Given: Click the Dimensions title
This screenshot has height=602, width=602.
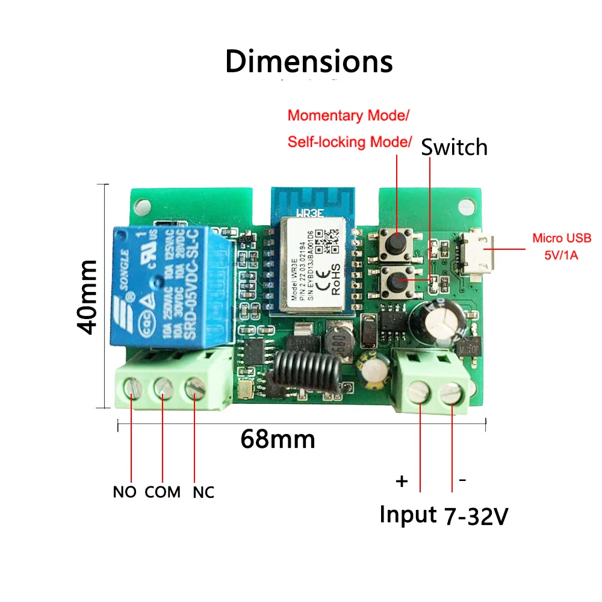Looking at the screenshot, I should (309, 62).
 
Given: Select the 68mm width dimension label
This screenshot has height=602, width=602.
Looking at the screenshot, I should (278, 439).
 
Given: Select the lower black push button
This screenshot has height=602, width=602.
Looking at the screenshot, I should (397, 280).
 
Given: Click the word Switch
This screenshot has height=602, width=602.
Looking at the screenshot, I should (454, 147).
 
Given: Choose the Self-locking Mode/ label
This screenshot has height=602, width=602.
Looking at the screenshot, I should (350, 142).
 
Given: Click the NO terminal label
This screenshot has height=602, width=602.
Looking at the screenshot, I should (125, 492).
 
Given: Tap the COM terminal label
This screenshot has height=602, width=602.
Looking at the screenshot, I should (163, 492).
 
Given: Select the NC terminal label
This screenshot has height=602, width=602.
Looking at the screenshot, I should (203, 492).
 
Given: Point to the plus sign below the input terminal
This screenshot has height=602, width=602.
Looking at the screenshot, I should (402, 482).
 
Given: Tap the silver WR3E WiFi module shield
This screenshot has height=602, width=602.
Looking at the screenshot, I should (313, 265).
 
